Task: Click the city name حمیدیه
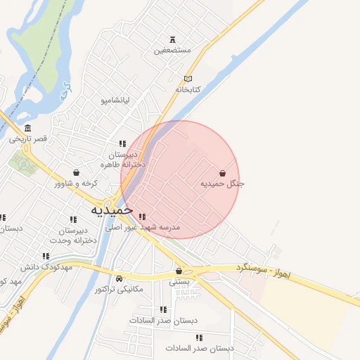coord(112,210)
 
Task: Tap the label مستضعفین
coord(172,50)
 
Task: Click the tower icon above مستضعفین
coord(173,39)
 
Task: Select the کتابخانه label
coord(188,89)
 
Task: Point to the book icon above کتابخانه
coord(188,78)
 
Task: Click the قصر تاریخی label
coord(28,139)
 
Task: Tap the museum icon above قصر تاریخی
coord(27,128)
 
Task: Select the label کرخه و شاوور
coord(75,184)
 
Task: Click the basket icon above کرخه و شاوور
coord(76,172)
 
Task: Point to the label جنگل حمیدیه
coord(222,184)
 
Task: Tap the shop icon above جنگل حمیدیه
coord(223,173)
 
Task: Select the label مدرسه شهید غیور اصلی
coord(143,228)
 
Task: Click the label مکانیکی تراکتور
coord(119,289)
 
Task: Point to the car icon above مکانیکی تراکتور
coord(119,278)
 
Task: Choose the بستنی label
coord(179,281)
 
